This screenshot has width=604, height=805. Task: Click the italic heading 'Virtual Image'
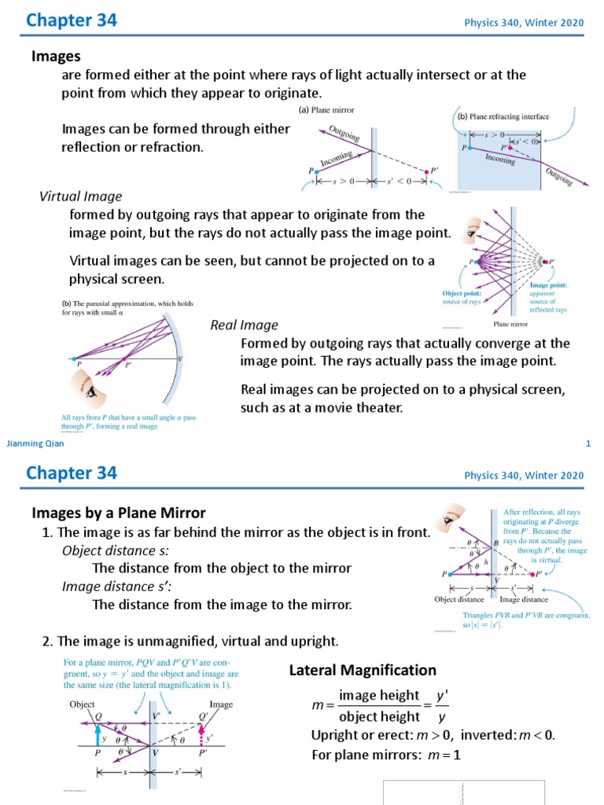click(81, 196)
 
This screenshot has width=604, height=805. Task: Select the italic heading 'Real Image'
click(244, 325)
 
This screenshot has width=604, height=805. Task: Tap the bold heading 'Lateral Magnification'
click(363, 670)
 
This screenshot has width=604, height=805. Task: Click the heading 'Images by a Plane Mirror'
click(118, 513)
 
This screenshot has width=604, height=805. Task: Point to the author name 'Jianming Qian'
click(35, 444)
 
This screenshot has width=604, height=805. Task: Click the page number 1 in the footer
click(587, 444)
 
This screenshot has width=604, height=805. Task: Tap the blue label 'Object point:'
click(461, 293)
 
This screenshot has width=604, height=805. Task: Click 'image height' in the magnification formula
click(368, 695)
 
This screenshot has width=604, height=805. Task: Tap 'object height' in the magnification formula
click(368, 716)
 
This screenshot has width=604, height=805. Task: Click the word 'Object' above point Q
click(82, 705)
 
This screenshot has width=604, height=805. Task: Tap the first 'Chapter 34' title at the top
click(72, 20)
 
